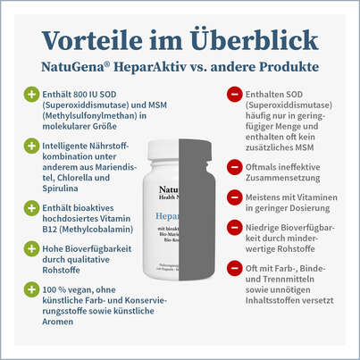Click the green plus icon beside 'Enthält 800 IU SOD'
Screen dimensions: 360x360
pos(33,93)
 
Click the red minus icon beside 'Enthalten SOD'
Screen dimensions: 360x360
pos(235,93)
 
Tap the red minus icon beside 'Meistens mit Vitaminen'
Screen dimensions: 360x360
pos(235,202)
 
